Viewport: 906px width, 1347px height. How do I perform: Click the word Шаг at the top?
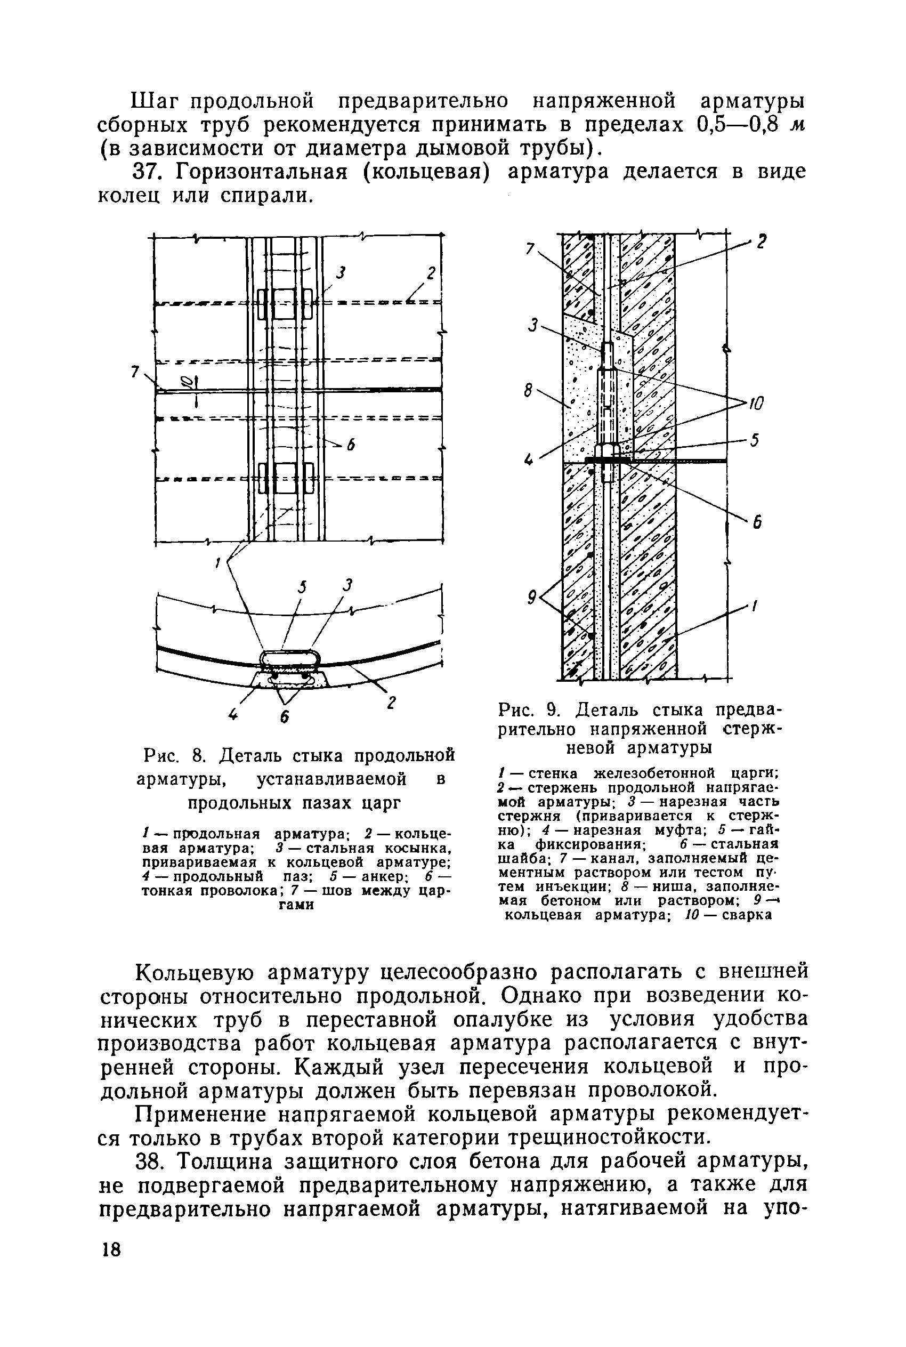(152, 101)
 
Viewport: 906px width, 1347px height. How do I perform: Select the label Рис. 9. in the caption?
(533, 709)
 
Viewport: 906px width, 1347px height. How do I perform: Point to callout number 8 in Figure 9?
(528, 392)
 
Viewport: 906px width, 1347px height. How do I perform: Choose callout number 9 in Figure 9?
(531, 597)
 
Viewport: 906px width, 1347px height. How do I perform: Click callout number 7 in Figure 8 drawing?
(135, 373)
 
